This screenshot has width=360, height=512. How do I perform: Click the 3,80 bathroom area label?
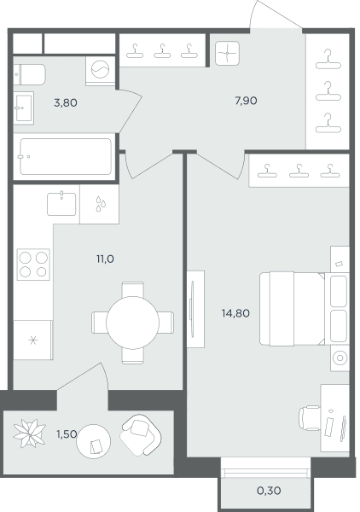click(x=66, y=103)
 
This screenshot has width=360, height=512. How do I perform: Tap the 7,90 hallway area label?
click(x=246, y=101)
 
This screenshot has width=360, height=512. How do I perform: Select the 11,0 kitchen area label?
click(x=105, y=259)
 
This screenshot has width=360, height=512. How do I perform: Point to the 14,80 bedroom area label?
click(x=235, y=313)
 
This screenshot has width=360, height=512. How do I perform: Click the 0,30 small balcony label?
click(x=269, y=491)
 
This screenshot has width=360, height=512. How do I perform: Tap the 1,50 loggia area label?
click(x=67, y=434)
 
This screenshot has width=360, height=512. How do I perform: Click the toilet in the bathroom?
click(x=29, y=74)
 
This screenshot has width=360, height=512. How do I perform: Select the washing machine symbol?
click(x=100, y=70)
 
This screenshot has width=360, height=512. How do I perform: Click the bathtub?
click(x=66, y=157)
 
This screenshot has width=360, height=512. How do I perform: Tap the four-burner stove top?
click(x=33, y=265)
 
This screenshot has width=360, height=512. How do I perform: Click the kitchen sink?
click(x=61, y=204)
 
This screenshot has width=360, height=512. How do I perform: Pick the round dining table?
click(x=132, y=323)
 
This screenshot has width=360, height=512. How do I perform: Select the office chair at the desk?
click(x=310, y=418)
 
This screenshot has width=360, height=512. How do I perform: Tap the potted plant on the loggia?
click(x=29, y=433)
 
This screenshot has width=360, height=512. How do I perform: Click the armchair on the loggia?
click(x=141, y=435)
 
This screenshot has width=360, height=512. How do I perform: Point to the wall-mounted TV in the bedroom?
click(x=192, y=309)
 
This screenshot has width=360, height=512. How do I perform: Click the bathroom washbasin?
click(x=24, y=108)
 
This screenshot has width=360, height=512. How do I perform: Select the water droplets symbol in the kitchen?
click(x=101, y=204)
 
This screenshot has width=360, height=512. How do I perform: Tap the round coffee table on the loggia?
click(x=93, y=441)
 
